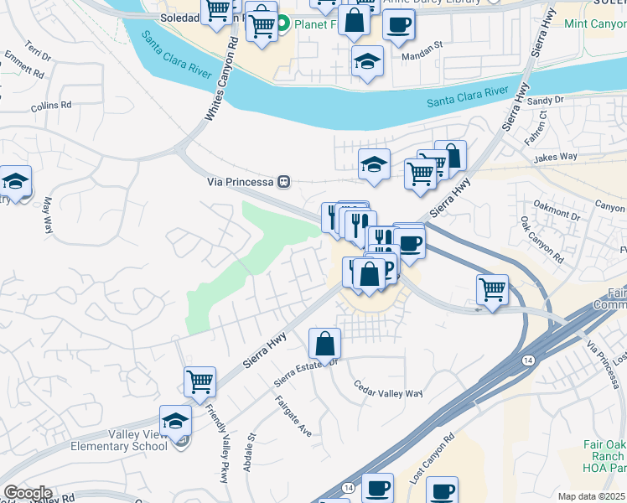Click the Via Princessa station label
point(241,181)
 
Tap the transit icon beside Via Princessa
point(284,181)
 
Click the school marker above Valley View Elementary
point(176,421)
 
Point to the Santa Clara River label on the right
point(467,96)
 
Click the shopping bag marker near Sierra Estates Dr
point(324,343)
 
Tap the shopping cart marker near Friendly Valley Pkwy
point(200,381)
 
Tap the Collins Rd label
point(51,106)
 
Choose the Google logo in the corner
point(28,493)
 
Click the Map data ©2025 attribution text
point(592,496)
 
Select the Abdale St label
point(249,453)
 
